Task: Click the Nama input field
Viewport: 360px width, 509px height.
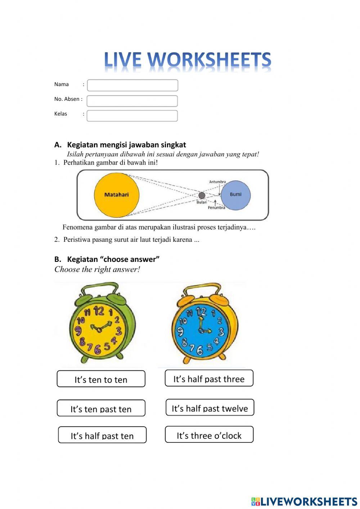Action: click(132, 85)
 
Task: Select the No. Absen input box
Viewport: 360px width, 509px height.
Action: click(132, 101)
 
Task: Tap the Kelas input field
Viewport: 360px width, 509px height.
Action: click(132, 116)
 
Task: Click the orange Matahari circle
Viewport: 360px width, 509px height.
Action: click(116, 195)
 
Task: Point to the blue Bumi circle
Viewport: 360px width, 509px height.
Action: click(235, 195)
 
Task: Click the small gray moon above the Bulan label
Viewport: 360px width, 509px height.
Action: click(202, 195)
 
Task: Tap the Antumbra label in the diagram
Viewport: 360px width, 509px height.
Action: click(217, 182)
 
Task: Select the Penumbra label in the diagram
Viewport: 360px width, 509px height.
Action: click(216, 207)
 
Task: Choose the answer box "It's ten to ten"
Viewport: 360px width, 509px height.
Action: click(101, 379)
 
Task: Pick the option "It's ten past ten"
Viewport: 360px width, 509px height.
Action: click(101, 408)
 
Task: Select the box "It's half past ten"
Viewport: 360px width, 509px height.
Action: click(102, 435)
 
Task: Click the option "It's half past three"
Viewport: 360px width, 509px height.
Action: click(209, 378)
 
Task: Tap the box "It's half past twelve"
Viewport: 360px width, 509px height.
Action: click(210, 407)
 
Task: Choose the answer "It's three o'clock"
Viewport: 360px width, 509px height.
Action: click(209, 435)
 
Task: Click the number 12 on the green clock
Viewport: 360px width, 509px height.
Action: click(98, 311)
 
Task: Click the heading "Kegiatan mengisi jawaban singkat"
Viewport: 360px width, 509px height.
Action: click(126, 145)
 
